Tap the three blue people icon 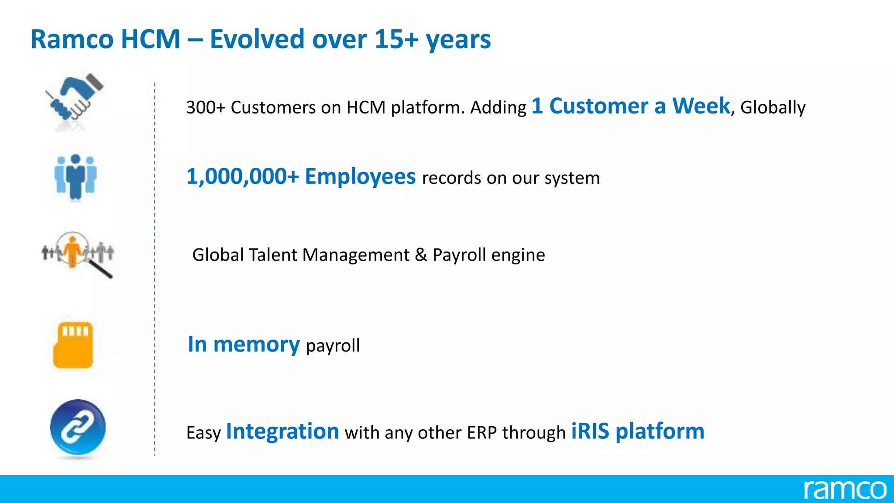76,177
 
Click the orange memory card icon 73,345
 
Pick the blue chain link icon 78,427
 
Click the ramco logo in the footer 845,489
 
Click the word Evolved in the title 257,39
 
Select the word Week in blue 701,106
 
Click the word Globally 773,107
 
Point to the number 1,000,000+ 243,176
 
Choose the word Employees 360,176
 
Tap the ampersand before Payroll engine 421,255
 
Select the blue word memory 256,345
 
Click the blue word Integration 282,431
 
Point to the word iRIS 590,431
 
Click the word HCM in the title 150,39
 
